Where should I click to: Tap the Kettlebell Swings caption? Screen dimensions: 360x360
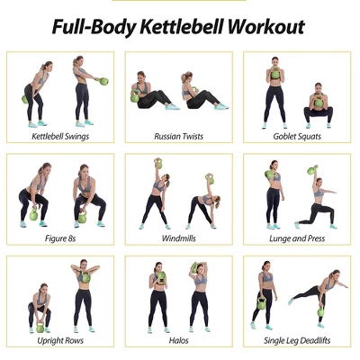click(60, 137)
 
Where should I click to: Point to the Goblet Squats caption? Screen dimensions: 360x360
click(298, 137)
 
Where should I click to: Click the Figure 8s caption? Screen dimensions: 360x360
click(60, 239)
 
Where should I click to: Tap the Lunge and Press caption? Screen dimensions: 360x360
click(298, 239)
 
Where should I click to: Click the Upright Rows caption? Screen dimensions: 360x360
click(60, 341)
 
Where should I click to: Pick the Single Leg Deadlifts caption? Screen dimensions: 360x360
click(298, 341)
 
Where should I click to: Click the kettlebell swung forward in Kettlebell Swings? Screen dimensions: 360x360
click(103, 82)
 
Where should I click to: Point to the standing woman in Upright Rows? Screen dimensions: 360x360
click(84, 297)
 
